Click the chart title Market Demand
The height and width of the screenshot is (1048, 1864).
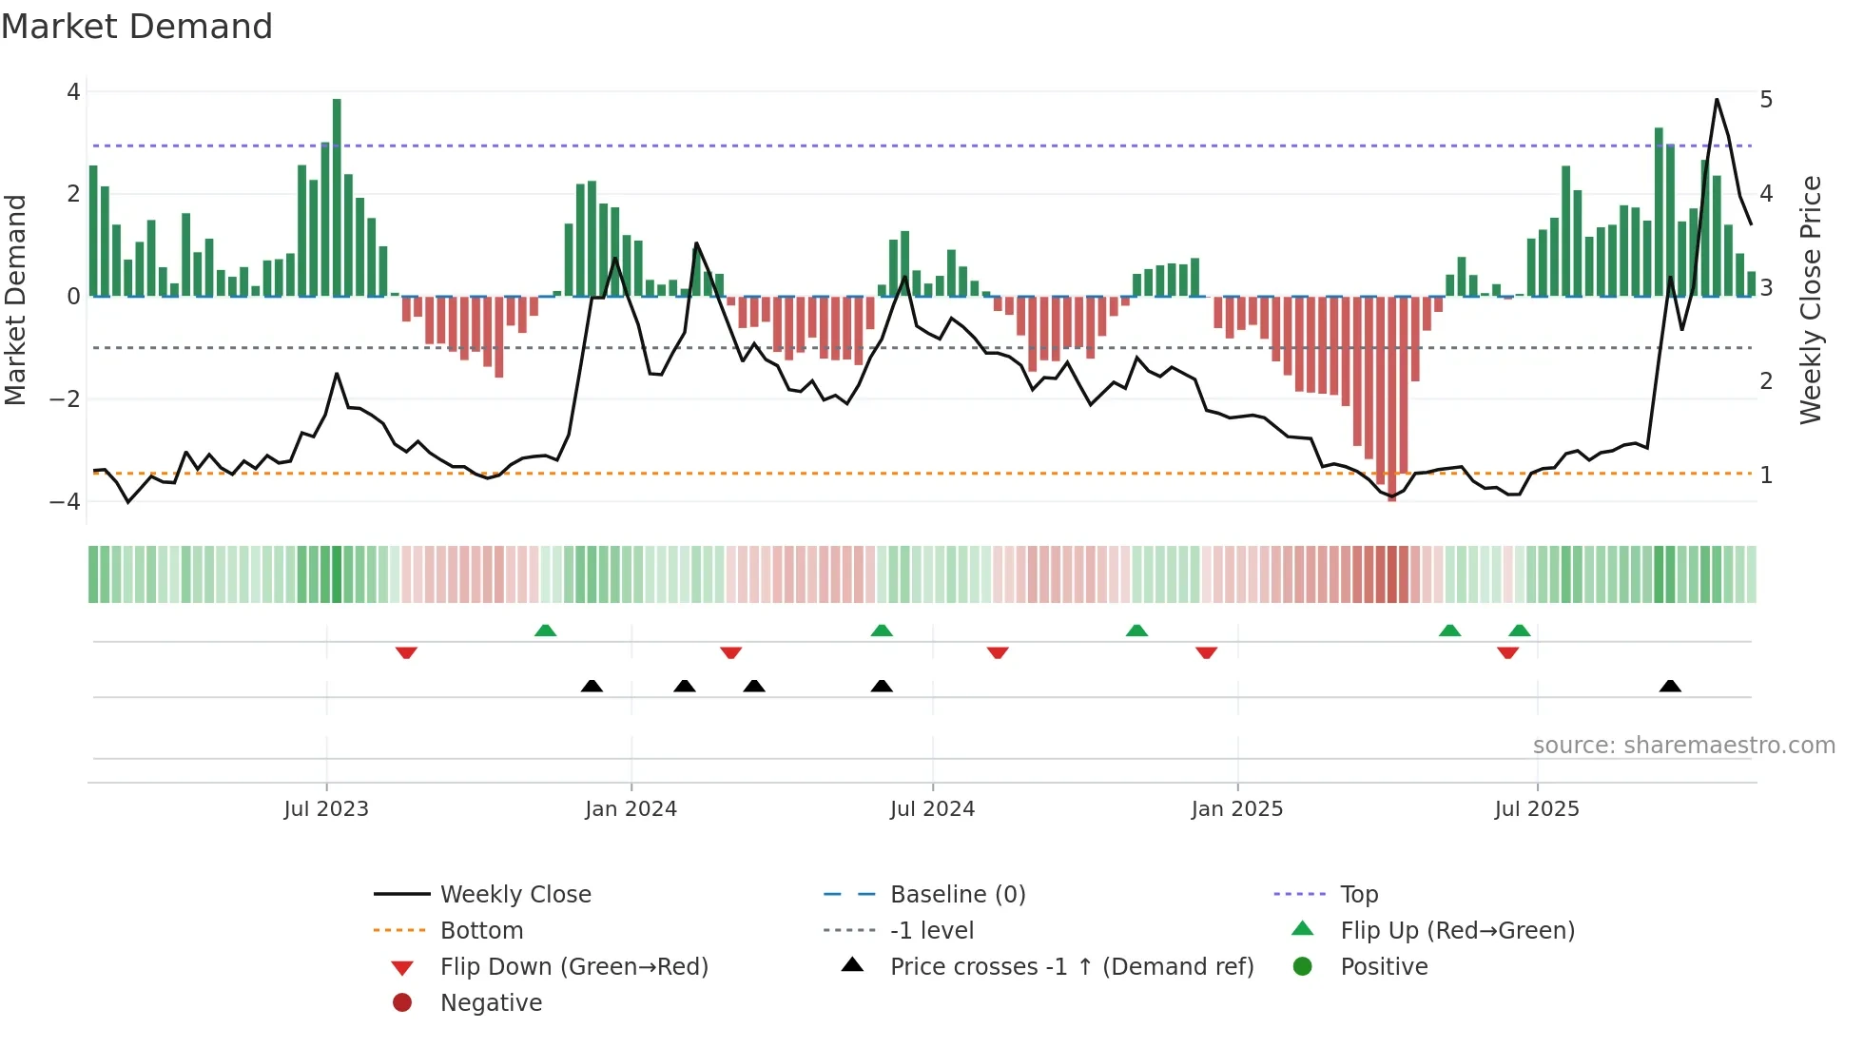click(137, 27)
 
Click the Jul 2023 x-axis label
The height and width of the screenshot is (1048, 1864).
click(326, 809)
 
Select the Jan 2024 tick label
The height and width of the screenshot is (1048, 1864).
click(631, 809)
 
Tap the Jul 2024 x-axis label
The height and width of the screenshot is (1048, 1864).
click(932, 809)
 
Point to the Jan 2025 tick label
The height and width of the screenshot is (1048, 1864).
click(1236, 809)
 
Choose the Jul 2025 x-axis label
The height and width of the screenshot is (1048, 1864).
click(1537, 809)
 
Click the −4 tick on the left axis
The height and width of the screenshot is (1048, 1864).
click(66, 501)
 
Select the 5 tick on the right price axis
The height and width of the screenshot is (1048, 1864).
click(1766, 100)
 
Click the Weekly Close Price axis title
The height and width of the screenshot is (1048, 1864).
click(1811, 300)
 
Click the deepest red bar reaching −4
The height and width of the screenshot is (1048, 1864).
click(1392, 399)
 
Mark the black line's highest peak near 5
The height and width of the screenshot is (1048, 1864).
click(1717, 100)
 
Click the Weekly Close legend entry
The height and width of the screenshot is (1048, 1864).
click(515, 895)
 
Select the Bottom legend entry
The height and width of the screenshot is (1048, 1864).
click(481, 931)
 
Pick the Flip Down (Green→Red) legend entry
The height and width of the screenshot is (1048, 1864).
click(573, 967)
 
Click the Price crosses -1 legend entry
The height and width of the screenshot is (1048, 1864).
click(1071, 967)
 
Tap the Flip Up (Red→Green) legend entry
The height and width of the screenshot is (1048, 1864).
click(1457, 931)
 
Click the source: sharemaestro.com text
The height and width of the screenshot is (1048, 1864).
click(1683, 746)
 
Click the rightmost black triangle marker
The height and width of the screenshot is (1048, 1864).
click(1670, 687)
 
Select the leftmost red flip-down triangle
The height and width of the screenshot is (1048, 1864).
click(406, 652)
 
